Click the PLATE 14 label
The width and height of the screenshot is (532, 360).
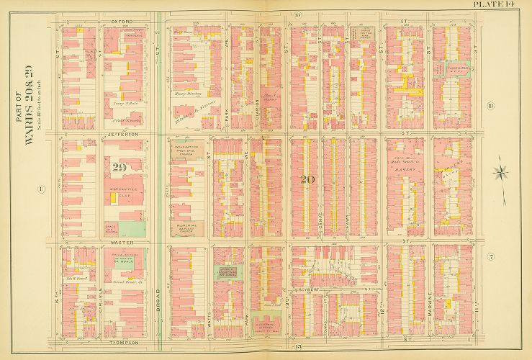(495, 6)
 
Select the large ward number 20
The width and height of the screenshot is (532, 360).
(308, 179)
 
